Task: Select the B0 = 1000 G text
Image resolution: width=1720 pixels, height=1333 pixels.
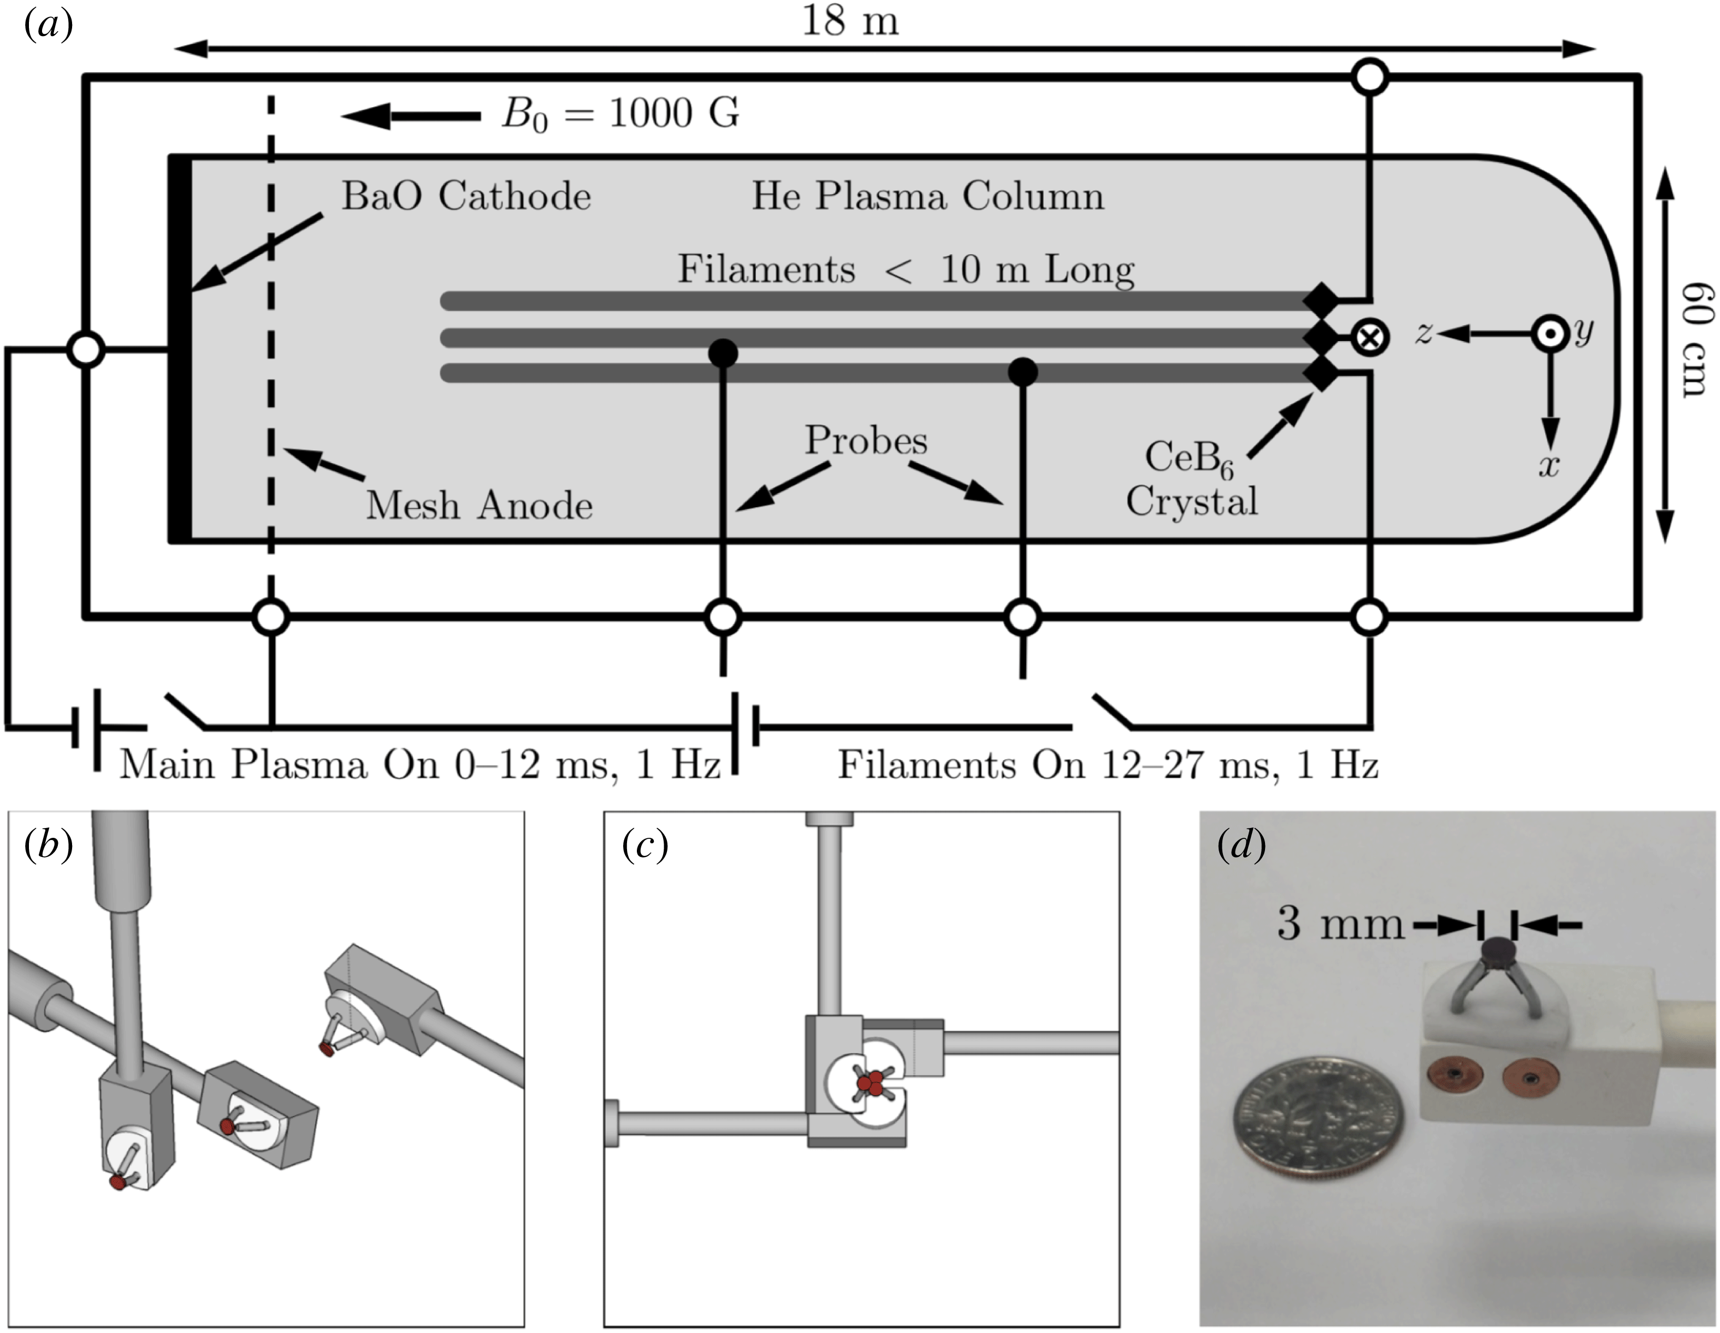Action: tap(620, 114)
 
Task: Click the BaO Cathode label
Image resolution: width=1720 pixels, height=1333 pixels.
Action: tap(465, 196)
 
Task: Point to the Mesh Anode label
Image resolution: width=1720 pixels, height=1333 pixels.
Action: tap(479, 505)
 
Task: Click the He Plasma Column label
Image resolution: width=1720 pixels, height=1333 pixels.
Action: tap(927, 196)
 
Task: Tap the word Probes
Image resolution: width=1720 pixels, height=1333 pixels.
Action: tap(866, 441)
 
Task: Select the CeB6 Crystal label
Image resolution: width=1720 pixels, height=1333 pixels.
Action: tap(1191, 479)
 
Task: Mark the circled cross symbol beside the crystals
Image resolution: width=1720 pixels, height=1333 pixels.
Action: tap(1369, 338)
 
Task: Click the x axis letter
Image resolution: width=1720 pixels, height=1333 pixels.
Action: tap(1548, 466)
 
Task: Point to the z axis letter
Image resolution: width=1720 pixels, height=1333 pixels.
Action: tap(1422, 334)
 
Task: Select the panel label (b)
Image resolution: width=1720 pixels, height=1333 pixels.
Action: tap(49, 845)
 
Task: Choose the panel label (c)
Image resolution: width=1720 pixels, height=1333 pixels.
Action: tap(644, 845)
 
